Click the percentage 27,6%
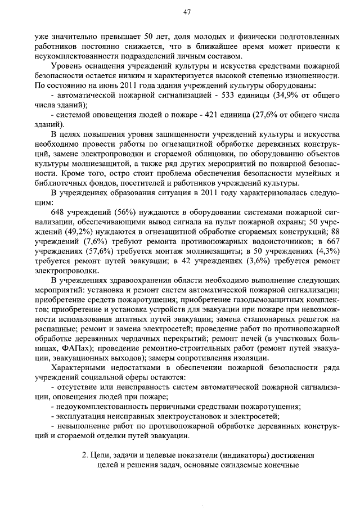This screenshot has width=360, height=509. pyautogui.click(x=272, y=114)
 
